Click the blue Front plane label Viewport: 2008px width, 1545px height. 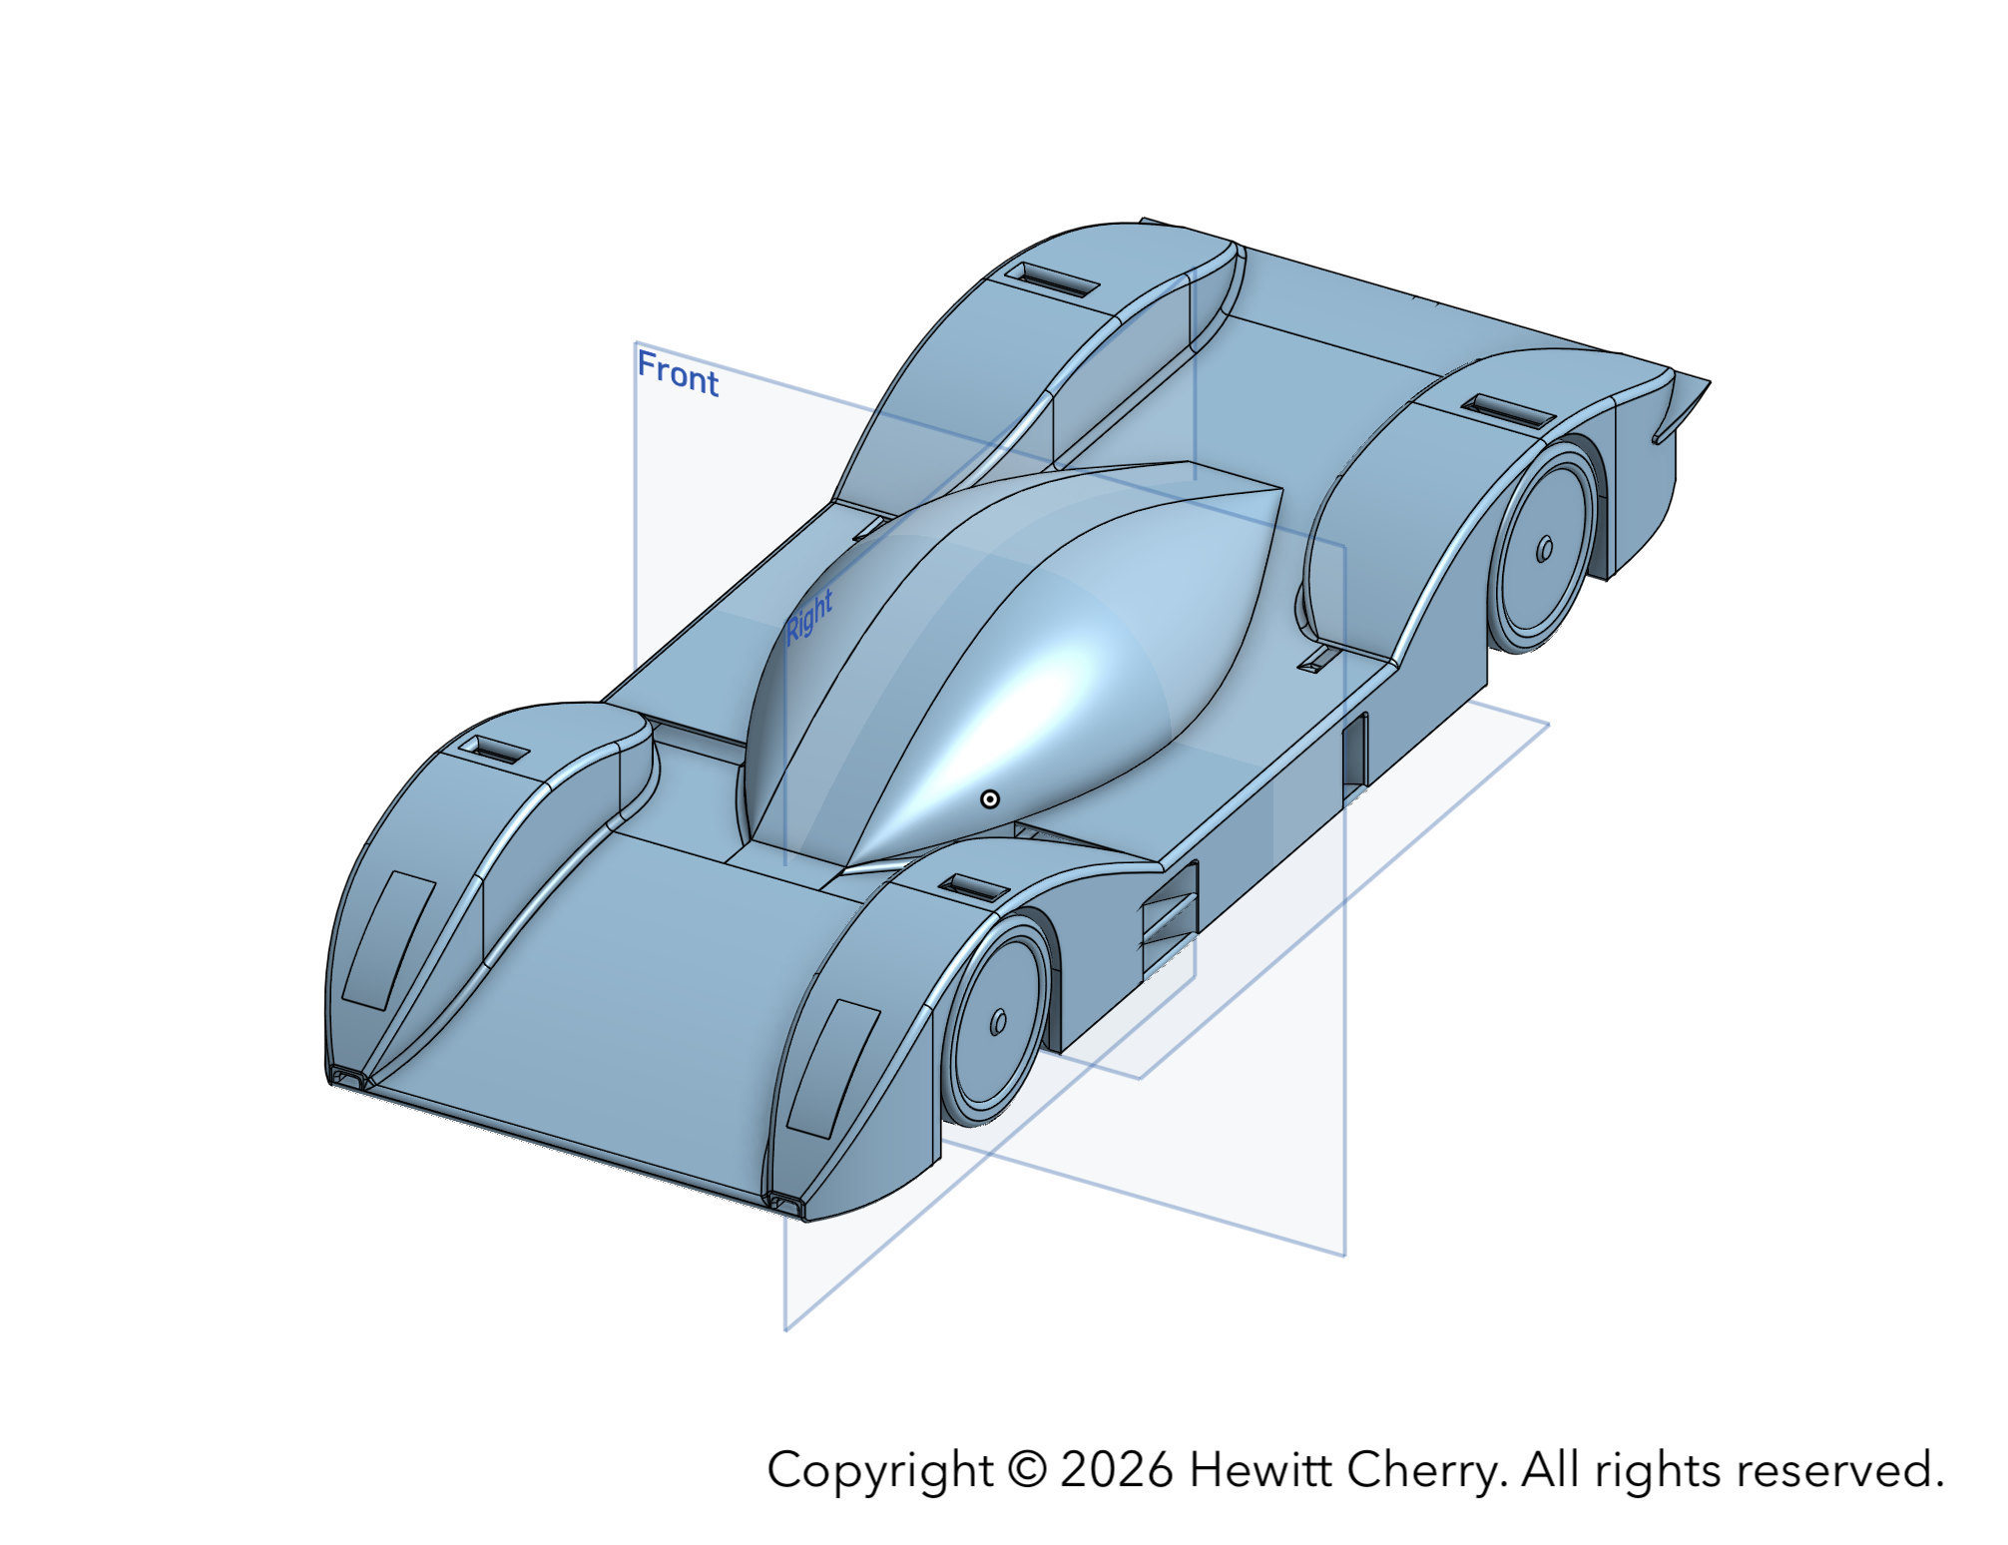click(678, 373)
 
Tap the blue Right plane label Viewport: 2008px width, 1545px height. click(808, 616)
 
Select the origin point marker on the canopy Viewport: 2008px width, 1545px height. click(990, 798)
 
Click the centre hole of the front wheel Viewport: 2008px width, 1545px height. click(998, 1022)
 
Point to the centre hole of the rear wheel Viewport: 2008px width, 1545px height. click(1544, 549)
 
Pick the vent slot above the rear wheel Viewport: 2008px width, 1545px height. click(1508, 409)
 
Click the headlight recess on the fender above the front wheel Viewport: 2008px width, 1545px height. click(834, 1069)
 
